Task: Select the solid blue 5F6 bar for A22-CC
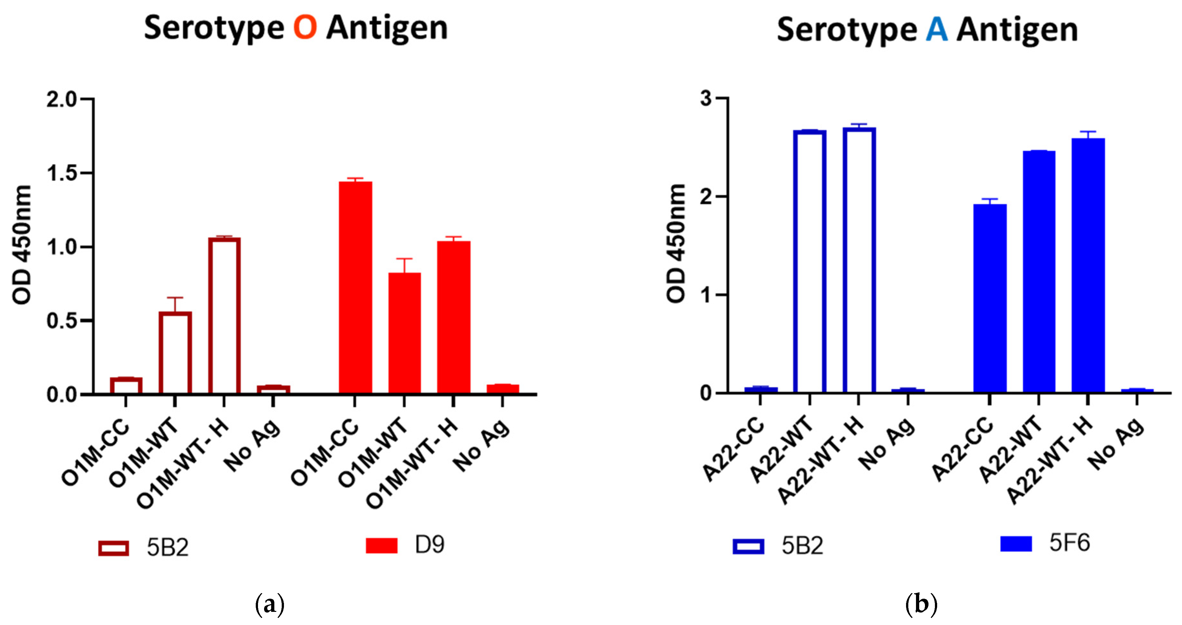pyautogui.click(x=990, y=298)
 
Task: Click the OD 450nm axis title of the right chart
pyautogui.click(x=675, y=243)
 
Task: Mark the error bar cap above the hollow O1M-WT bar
pyautogui.click(x=175, y=297)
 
